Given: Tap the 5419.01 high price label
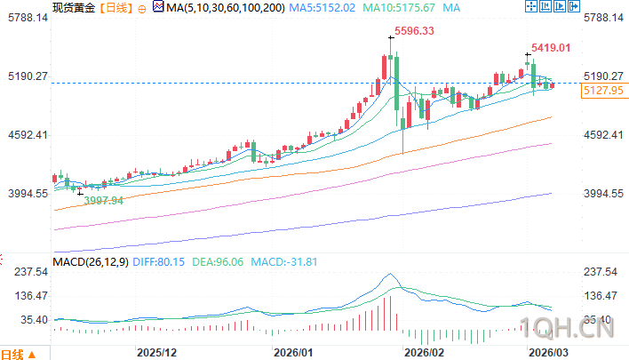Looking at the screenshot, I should [550, 47].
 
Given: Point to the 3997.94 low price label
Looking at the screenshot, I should [103, 201].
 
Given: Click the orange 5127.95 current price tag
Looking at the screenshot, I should [602, 90].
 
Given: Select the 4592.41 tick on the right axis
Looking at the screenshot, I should [607, 135].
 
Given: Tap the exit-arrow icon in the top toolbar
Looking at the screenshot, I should [619, 7].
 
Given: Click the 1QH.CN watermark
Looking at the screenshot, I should [569, 330].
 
